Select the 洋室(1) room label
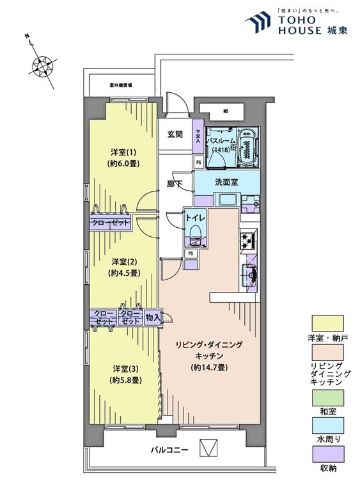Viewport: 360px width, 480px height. tap(121, 152)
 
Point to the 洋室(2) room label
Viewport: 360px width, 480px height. tap(121, 261)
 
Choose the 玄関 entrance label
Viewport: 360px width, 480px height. tap(176, 134)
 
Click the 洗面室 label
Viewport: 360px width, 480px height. tap(226, 182)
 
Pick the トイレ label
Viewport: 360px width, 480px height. tap(194, 217)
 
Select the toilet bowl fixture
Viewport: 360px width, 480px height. tap(196, 231)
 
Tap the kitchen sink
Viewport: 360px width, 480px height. tap(250, 275)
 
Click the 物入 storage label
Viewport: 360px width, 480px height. tap(152, 317)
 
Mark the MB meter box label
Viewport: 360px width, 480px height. tap(225, 111)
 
